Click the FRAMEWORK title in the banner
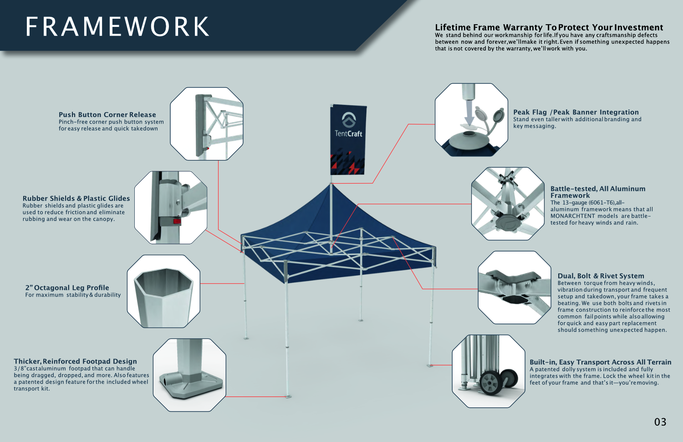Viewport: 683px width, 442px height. [x=117, y=27]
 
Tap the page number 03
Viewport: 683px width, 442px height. [x=660, y=422]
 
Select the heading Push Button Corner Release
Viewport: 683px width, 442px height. [x=107, y=115]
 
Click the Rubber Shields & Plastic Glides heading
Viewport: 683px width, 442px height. [x=76, y=199]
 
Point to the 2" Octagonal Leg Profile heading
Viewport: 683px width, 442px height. [x=67, y=288]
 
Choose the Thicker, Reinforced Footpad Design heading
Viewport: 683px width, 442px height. [x=75, y=361]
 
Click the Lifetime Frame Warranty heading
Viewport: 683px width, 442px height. [x=549, y=27]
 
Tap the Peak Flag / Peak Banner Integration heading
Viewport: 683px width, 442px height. [x=576, y=112]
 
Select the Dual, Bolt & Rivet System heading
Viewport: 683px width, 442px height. [x=601, y=276]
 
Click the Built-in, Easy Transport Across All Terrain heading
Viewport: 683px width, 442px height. [x=600, y=362]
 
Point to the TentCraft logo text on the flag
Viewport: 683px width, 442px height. [x=348, y=134]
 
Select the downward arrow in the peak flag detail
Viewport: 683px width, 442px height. [x=469, y=114]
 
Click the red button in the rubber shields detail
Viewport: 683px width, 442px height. [x=177, y=221]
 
